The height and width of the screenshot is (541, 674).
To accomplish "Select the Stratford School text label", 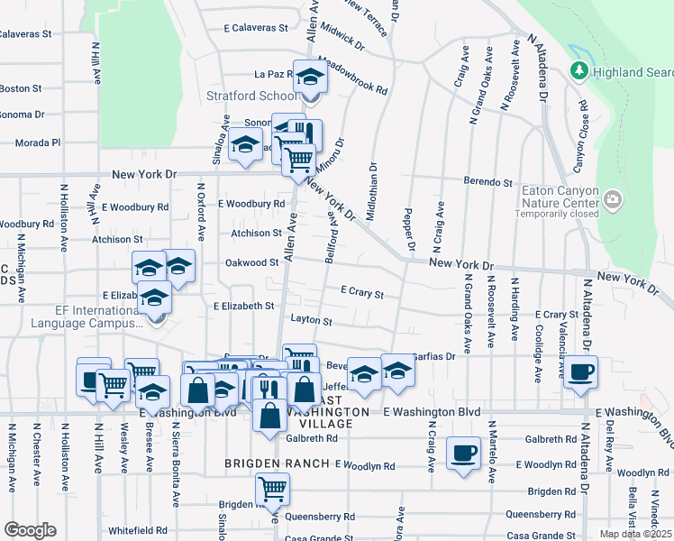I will [264, 96].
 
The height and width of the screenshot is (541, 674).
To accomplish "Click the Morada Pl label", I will [42, 142].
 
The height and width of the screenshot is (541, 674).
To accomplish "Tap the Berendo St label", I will [487, 181].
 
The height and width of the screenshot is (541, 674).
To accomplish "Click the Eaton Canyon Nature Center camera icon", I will [613, 199].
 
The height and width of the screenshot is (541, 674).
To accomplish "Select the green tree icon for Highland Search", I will [578, 71].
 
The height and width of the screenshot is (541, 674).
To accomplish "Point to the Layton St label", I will [312, 320].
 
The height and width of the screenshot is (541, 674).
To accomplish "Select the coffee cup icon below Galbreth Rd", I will [463, 453].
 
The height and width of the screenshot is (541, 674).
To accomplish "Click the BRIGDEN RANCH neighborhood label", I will [278, 464].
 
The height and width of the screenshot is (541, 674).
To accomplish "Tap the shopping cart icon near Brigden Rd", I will [272, 490].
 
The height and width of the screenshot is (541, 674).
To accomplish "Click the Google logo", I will [30, 529].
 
